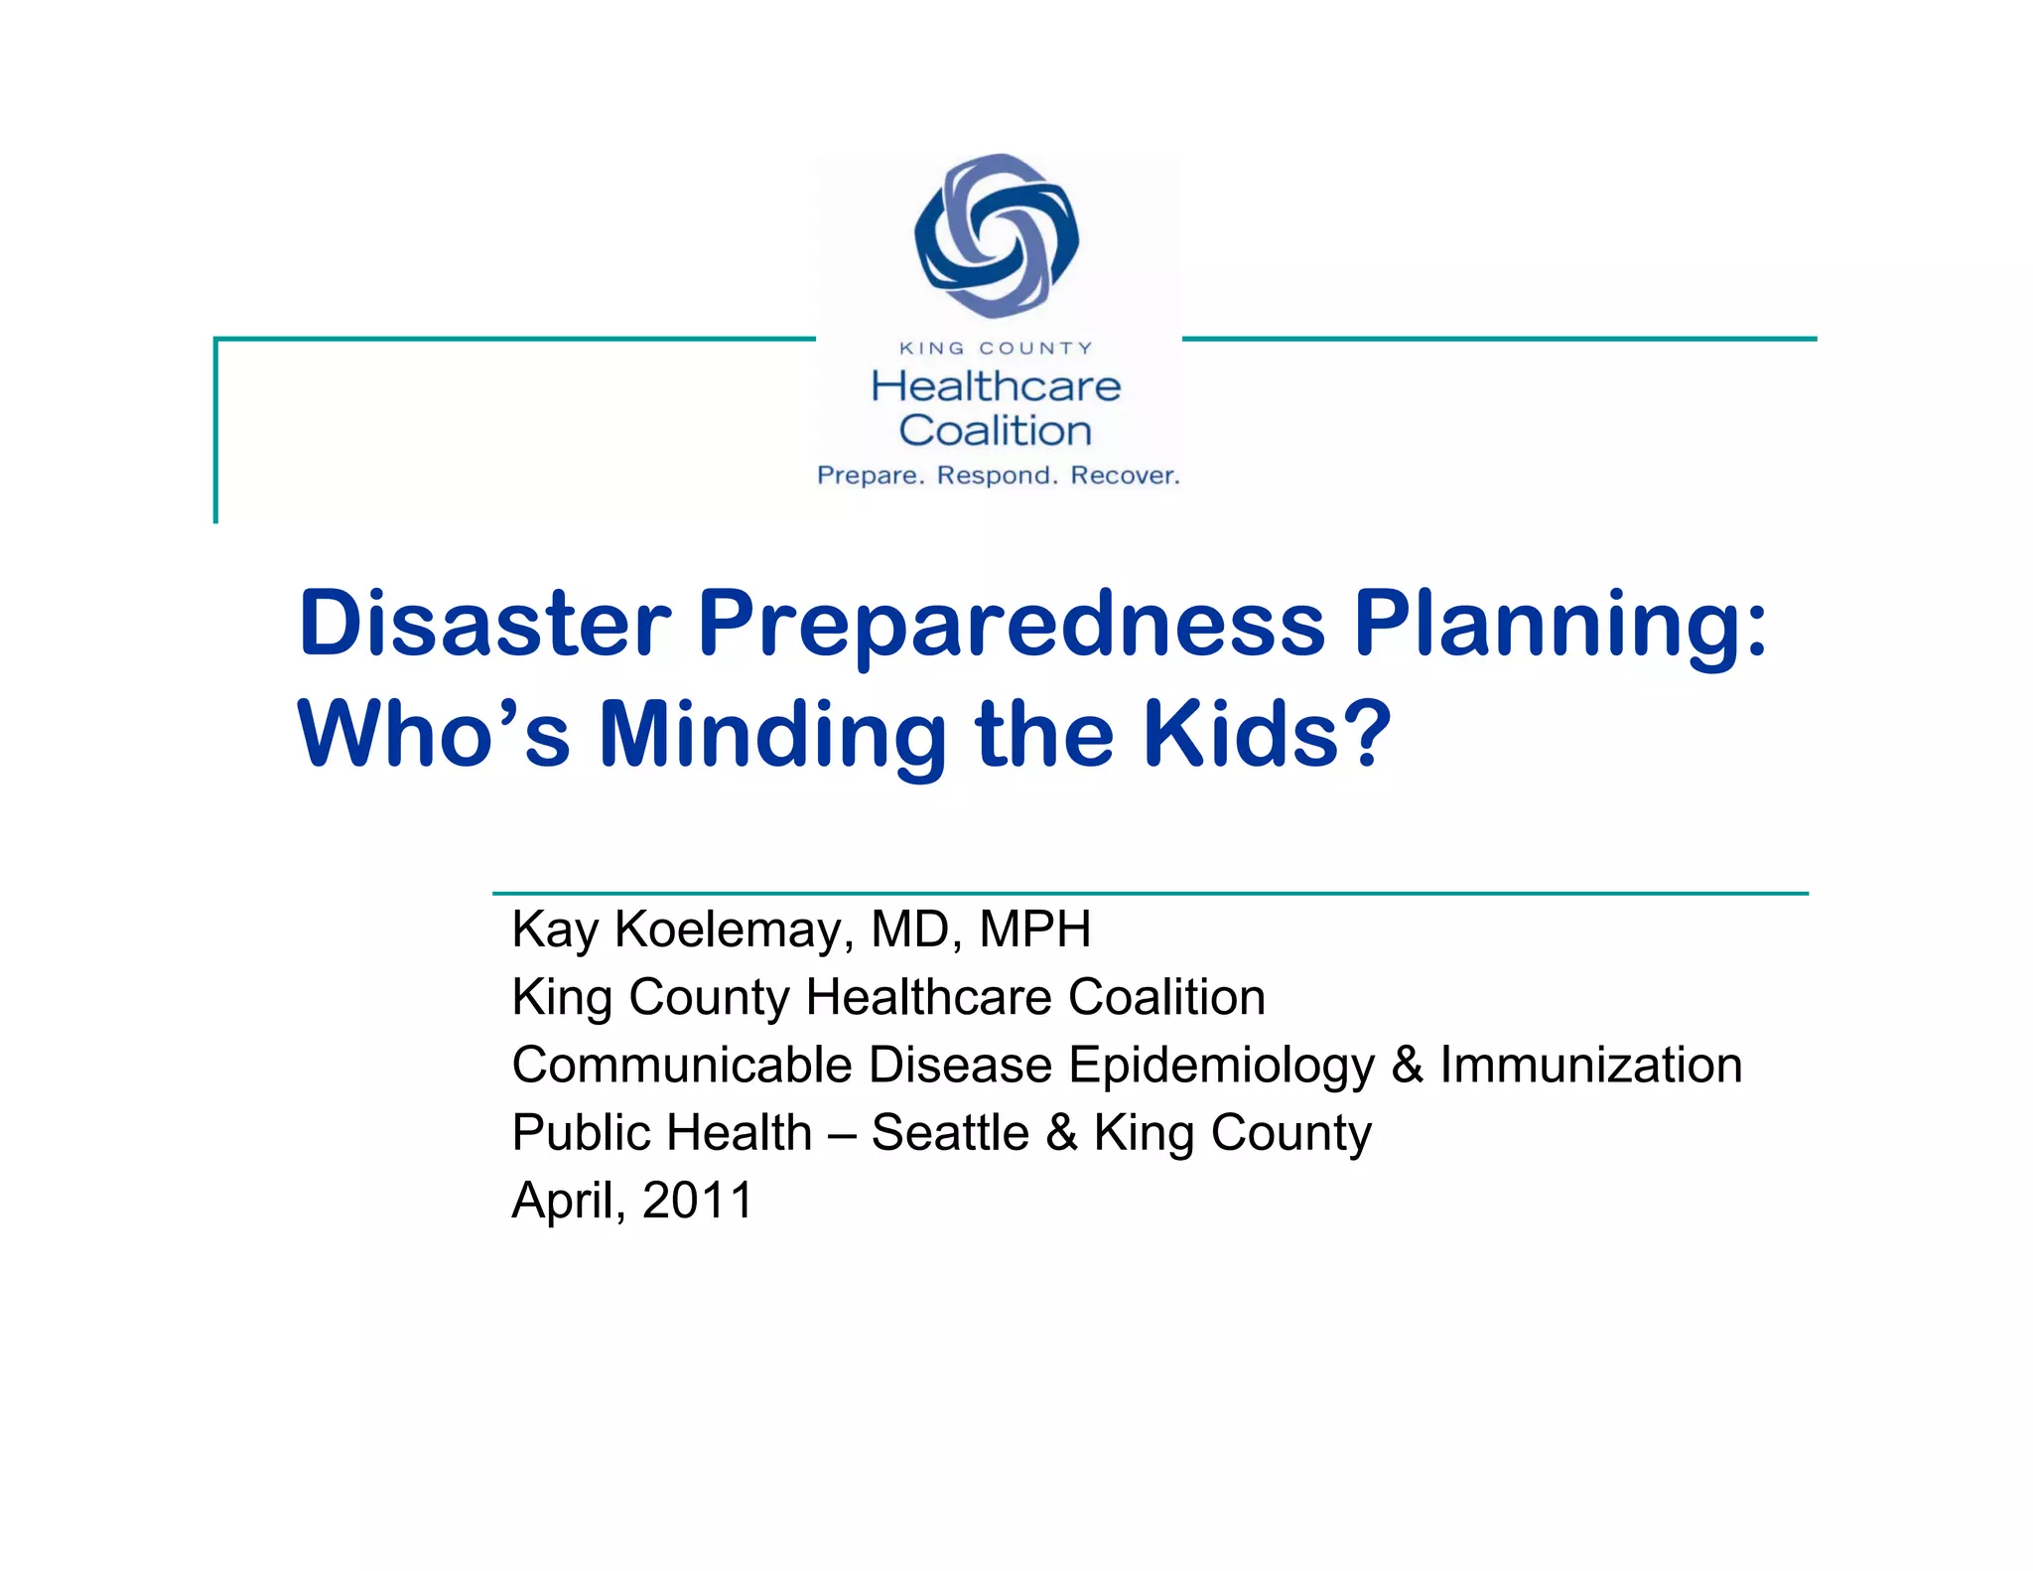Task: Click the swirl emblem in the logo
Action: pyautogui.click(x=997, y=236)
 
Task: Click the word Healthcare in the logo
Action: pyautogui.click(x=996, y=386)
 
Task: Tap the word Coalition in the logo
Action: pyautogui.click(x=996, y=431)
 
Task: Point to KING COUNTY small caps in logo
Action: pyautogui.click(x=996, y=349)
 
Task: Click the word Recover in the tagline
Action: pyautogui.click(x=1125, y=476)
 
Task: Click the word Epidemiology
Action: pyautogui.click(x=1221, y=1067)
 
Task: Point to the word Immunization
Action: pyautogui.click(x=1590, y=1065)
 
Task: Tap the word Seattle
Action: pyautogui.click(x=950, y=1132)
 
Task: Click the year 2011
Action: pyautogui.click(x=698, y=1200)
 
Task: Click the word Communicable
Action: pyautogui.click(x=682, y=1065)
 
